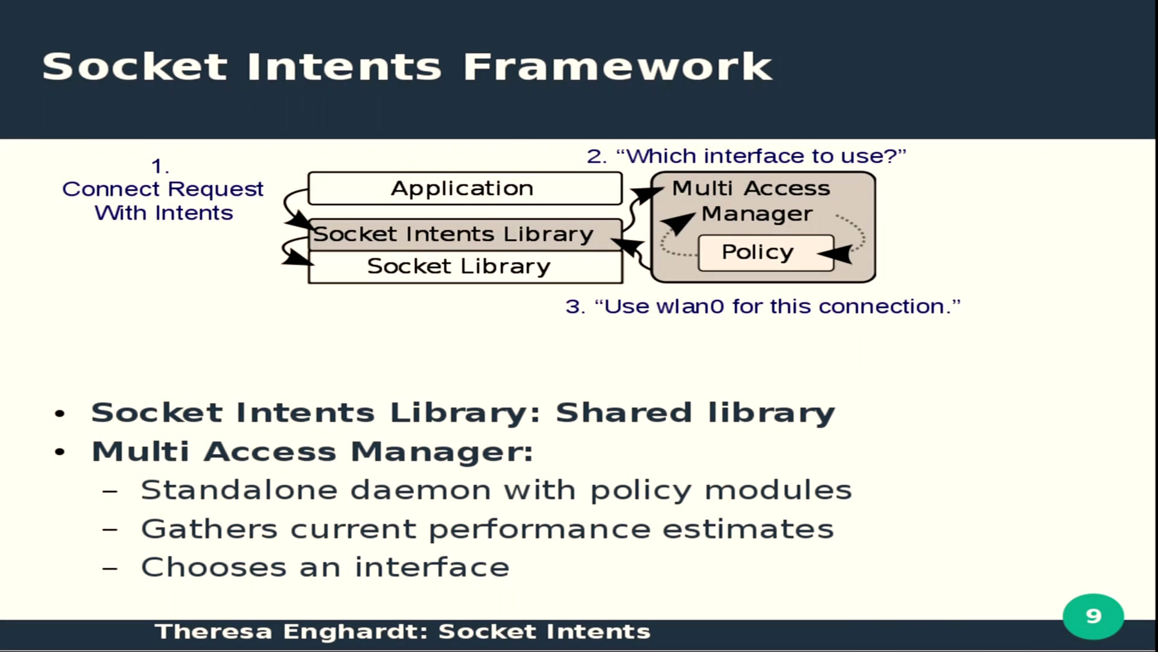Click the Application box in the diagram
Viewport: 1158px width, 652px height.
(465, 188)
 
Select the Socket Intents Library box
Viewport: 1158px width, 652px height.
(465, 234)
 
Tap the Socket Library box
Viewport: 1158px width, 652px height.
(465, 267)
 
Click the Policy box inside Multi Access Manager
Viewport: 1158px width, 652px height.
(766, 252)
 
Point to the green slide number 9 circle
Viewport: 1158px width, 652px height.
(1093, 616)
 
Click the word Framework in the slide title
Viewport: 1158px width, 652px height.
(618, 66)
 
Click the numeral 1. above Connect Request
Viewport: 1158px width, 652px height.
(160, 166)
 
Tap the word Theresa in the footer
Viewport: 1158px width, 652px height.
(214, 631)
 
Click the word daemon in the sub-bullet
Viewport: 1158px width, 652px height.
(420, 490)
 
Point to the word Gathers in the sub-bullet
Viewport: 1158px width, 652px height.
(209, 529)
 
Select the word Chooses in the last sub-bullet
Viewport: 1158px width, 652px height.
(214, 567)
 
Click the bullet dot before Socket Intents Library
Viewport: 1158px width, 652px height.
(59, 414)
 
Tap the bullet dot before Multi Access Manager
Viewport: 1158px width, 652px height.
(59, 453)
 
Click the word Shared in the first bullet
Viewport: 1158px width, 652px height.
(624, 413)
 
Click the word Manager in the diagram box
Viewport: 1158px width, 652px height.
(757, 214)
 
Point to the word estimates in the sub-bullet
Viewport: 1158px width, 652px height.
(748, 529)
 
